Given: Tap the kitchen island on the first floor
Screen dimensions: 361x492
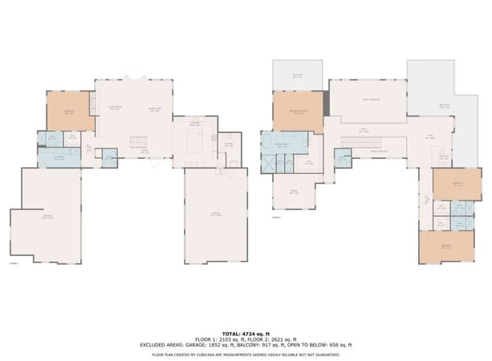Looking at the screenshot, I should tap(195, 144).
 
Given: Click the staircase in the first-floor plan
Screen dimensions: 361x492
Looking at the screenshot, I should tap(140, 143).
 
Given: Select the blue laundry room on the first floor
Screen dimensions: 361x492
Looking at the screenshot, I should tap(59, 157).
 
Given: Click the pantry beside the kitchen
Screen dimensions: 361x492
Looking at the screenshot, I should tap(229, 144).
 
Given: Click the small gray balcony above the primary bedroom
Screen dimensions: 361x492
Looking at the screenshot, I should tap(297, 76).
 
